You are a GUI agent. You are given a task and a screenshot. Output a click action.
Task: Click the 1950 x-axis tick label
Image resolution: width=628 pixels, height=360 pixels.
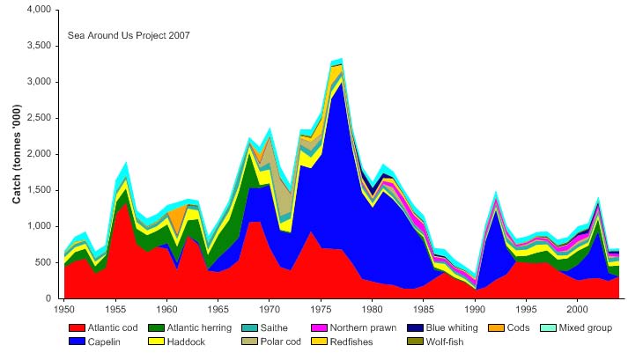click(x=64, y=310)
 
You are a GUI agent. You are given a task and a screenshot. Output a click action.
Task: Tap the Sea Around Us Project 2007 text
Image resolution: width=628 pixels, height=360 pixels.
click(x=129, y=36)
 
